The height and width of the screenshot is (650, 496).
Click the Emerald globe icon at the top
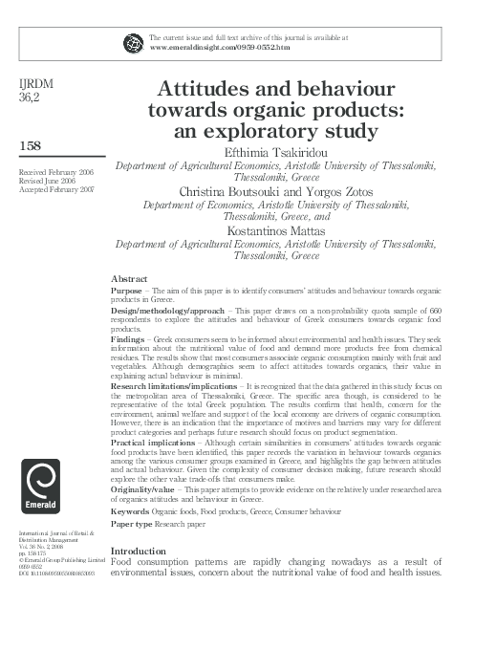pyautogui.click(x=133, y=42)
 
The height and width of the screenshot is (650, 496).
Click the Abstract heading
pyautogui.click(x=129, y=278)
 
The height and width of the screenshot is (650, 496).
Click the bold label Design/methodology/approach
pyautogui.click(x=168, y=311)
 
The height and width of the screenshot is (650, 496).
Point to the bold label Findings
pyautogui.click(x=129, y=339)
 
